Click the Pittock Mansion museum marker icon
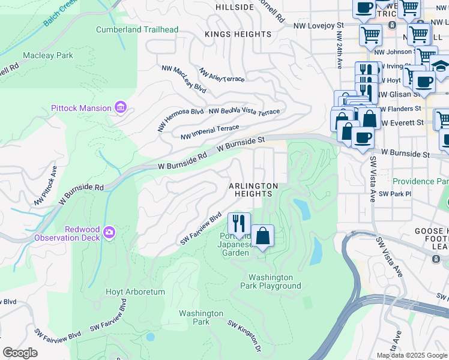coord(121,108)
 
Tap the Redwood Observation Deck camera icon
coord(109,232)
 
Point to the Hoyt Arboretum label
coord(136,292)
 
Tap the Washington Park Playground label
coord(274,281)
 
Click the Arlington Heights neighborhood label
coord(253,190)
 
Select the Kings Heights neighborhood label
coord(238,34)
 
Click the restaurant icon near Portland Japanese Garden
coord(239,224)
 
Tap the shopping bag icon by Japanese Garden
coord(262,236)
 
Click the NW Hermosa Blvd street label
coord(181,120)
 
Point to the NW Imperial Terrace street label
coord(209,133)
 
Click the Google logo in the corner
coord(20,353)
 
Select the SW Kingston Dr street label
coord(244,335)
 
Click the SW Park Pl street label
coord(395,194)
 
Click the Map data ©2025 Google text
coord(411,355)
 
